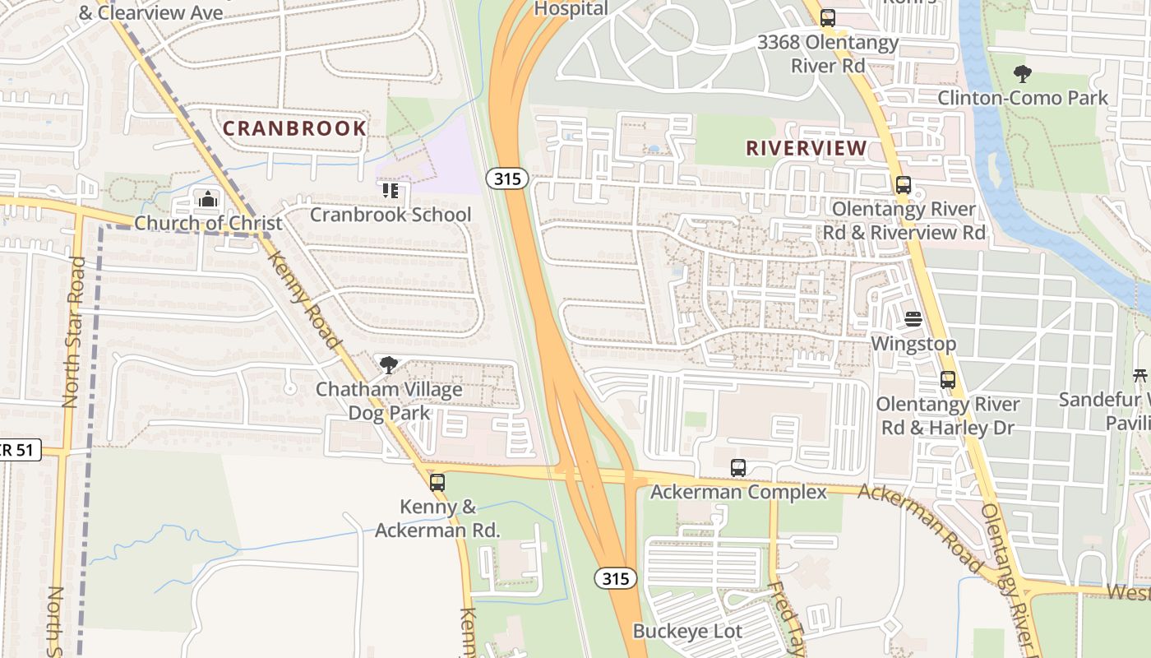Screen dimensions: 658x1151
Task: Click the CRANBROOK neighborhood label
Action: [x=294, y=128]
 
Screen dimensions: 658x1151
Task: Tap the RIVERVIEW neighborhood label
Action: [x=806, y=148]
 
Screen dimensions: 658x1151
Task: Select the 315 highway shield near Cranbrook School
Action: [x=506, y=178]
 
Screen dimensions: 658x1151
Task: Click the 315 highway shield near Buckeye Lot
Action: [x=616, y=578]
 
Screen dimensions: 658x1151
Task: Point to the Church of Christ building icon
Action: [x=208, y=199]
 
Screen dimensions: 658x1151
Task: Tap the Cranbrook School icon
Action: [x=391, y=191]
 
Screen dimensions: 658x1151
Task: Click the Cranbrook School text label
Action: [x=391, y=215]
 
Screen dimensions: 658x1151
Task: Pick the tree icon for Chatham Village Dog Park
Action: [x=388, y=365]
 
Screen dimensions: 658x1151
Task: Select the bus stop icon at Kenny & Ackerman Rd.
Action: [x=437, y=483]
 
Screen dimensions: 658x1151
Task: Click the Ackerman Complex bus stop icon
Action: [x=738, y=468]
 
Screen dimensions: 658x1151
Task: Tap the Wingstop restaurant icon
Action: [x=913, y=319]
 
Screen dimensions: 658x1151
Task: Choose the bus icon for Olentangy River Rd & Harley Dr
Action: [x=948, y=380]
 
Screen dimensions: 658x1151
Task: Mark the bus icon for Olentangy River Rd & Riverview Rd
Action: [x=904, y=185]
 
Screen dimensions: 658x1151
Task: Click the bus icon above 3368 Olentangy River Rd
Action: [x=828, y=17]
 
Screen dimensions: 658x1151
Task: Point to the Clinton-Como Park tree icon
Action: [x=1023, y=74]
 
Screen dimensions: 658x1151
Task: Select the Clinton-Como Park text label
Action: [x=1023, y=98]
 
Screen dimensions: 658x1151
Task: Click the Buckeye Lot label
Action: [x=687, y=632]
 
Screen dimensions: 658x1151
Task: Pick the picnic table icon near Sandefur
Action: [x=1139, y=376]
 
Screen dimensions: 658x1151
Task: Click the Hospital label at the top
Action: [x=571, y=9]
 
